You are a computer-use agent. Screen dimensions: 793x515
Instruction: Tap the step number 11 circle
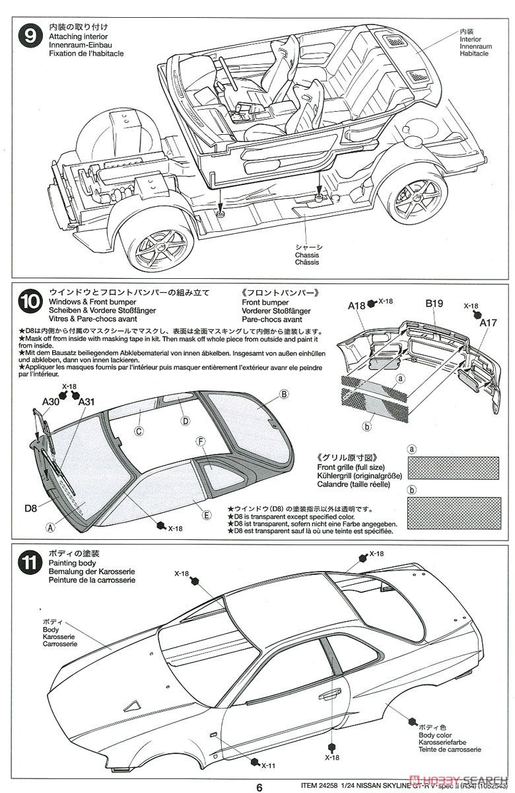point(28,563)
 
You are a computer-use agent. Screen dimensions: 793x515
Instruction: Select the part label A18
point(357,305)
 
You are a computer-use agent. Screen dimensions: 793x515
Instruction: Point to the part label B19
point(434,304)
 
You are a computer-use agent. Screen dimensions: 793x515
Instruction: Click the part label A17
point(489,322)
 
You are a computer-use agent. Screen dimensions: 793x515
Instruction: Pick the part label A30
point(51,401)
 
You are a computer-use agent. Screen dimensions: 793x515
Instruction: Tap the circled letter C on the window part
point(139,431)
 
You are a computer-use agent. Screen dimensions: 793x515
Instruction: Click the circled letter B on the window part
point(284,394)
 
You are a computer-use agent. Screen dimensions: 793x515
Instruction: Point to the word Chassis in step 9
point(308,254)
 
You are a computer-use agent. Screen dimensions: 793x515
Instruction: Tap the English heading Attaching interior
point(77,36)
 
